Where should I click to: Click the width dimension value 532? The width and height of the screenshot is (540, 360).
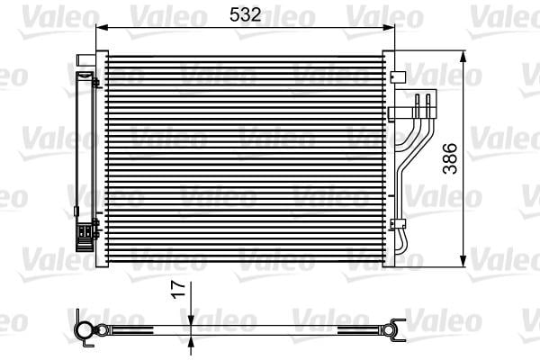coord(245,14)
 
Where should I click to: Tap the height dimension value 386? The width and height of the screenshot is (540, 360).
coord(450,158)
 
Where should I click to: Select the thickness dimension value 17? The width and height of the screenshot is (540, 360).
coord(179,290)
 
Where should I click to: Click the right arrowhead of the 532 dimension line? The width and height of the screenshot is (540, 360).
coord(388,27)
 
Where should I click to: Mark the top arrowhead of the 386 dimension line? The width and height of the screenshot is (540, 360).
coord(463,58)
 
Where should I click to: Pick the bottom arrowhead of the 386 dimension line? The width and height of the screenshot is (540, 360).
coord(463,260)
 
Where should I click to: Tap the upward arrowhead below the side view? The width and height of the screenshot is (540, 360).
coord(191,341)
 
